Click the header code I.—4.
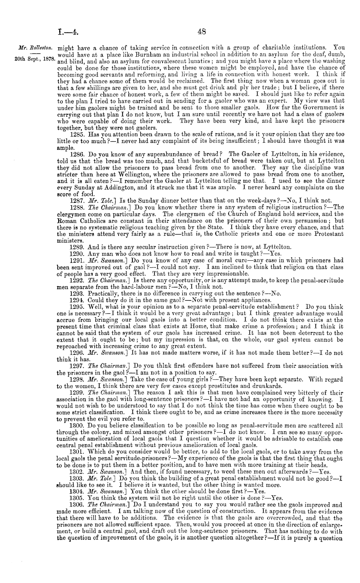point(67,32)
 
